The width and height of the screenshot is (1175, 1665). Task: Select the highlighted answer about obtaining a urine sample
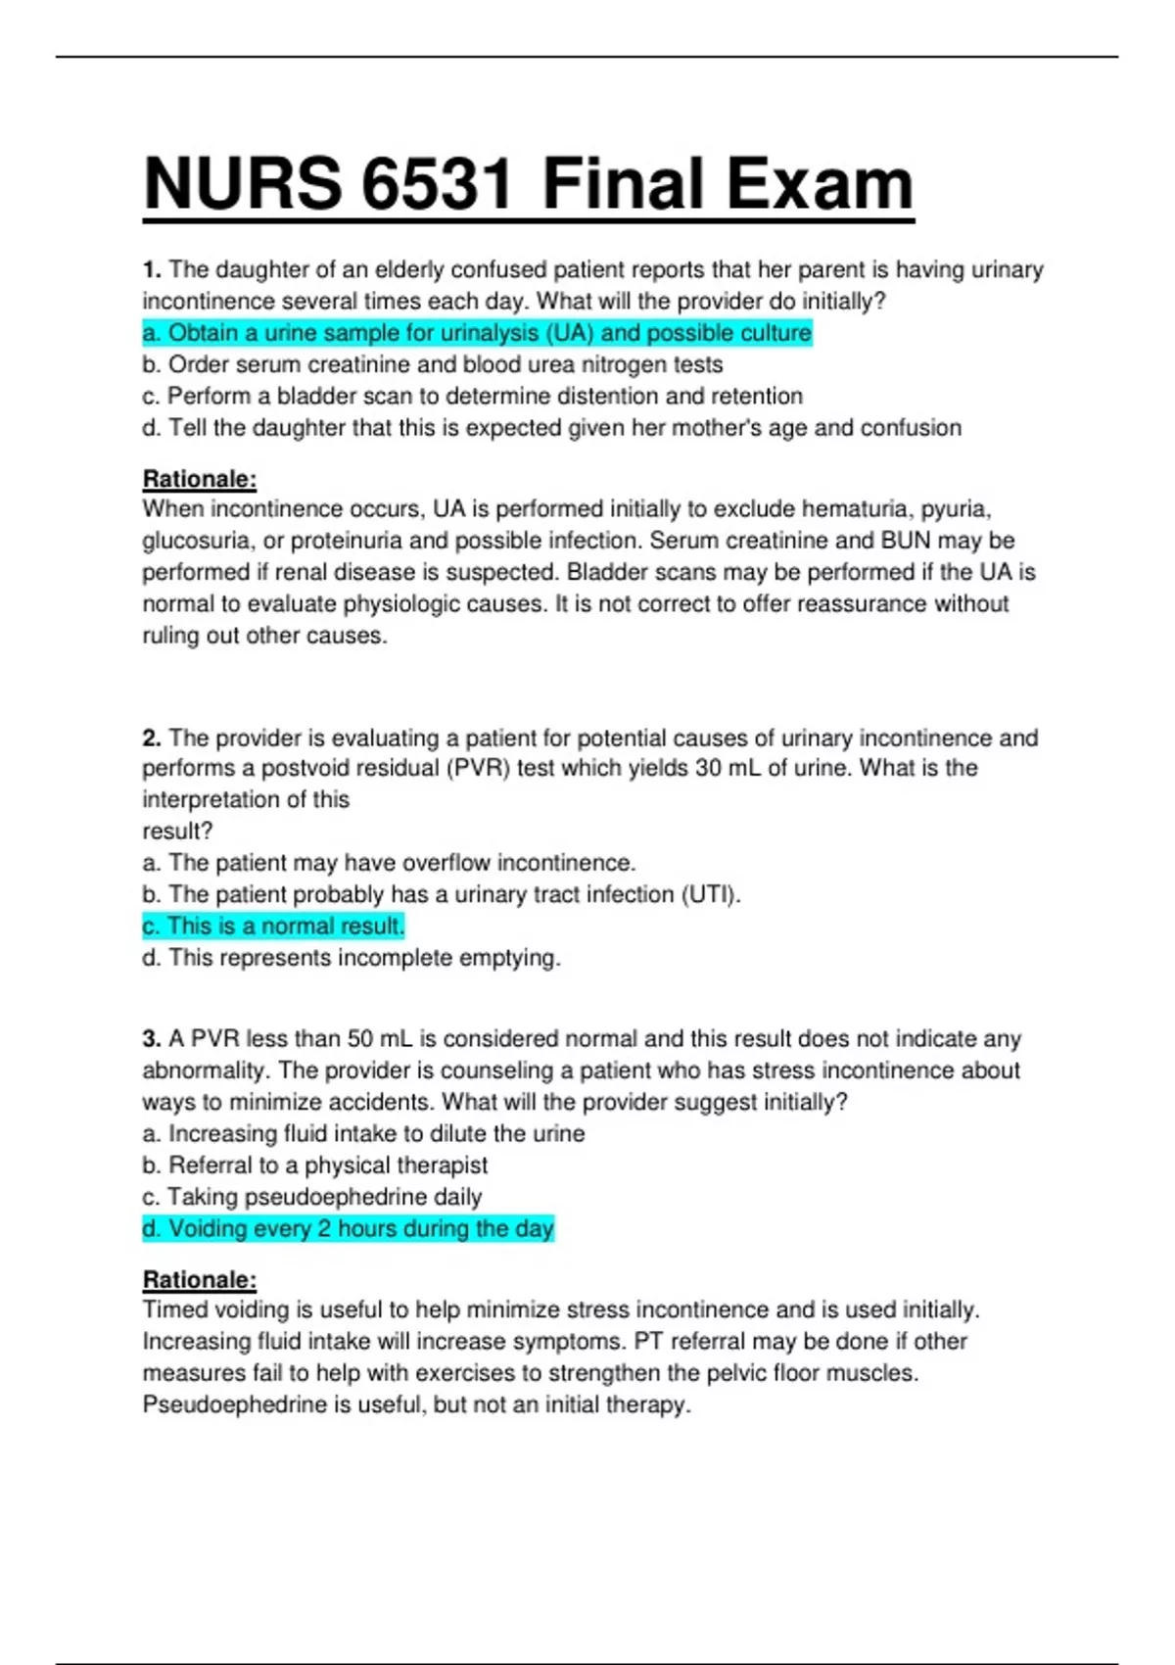tap(477, 333)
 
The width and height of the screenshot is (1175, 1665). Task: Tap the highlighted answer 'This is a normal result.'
tap(273, 926)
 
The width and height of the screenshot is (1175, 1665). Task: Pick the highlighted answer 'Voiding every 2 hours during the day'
tap(349, 1228)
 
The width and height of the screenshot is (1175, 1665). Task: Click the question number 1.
tap(151, 269)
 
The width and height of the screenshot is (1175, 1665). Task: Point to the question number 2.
tap(151, 737)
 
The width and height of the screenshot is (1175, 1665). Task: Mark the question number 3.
tap(151, 1038)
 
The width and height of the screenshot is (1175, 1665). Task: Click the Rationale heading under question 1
tap(200, 479)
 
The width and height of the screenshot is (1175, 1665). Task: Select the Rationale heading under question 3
tap(200, 1279)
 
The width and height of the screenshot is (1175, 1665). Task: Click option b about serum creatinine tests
tap(433, 364)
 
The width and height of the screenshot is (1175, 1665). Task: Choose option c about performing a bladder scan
tap(472, 396)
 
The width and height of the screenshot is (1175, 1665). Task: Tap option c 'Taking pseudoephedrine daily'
tap(312, 1197)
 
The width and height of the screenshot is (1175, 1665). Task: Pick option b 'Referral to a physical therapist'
tap(314, 1165)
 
